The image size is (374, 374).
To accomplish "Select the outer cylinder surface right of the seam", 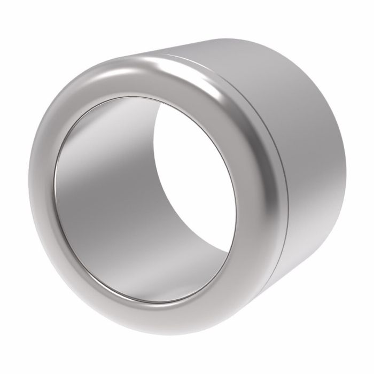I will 315,160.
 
